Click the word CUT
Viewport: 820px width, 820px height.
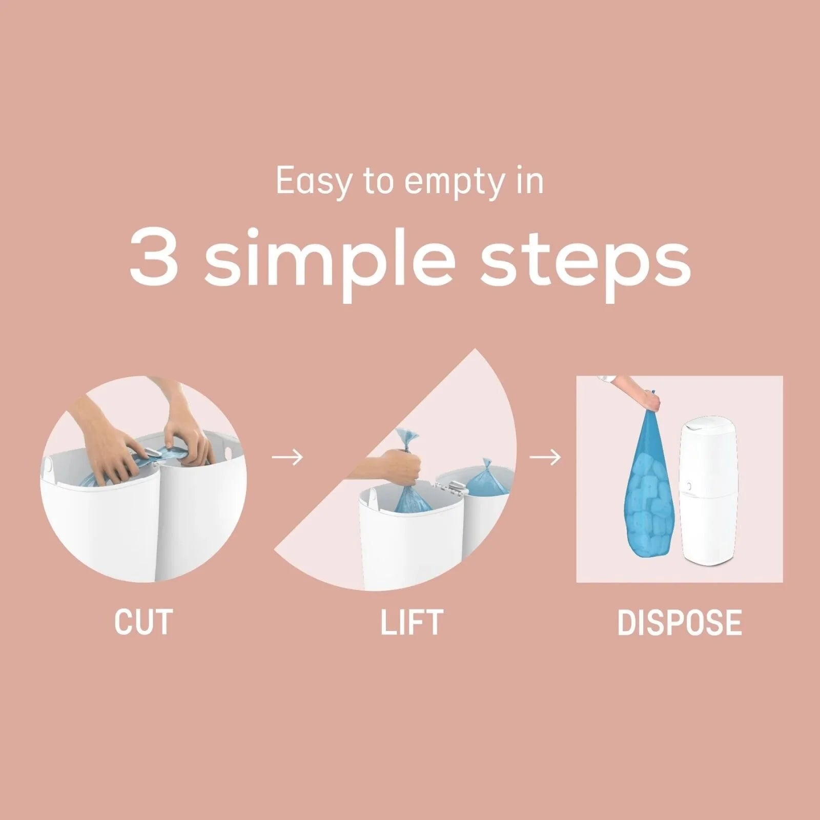coord(143,622)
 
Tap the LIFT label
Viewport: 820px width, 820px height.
coord(412,622)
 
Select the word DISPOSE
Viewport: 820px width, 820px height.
coord(680,622)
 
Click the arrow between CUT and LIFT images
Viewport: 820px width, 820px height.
coord(287,457)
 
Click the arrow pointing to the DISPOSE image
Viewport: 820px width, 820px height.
coord(545,457)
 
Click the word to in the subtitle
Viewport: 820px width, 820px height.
coord(379,180)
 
